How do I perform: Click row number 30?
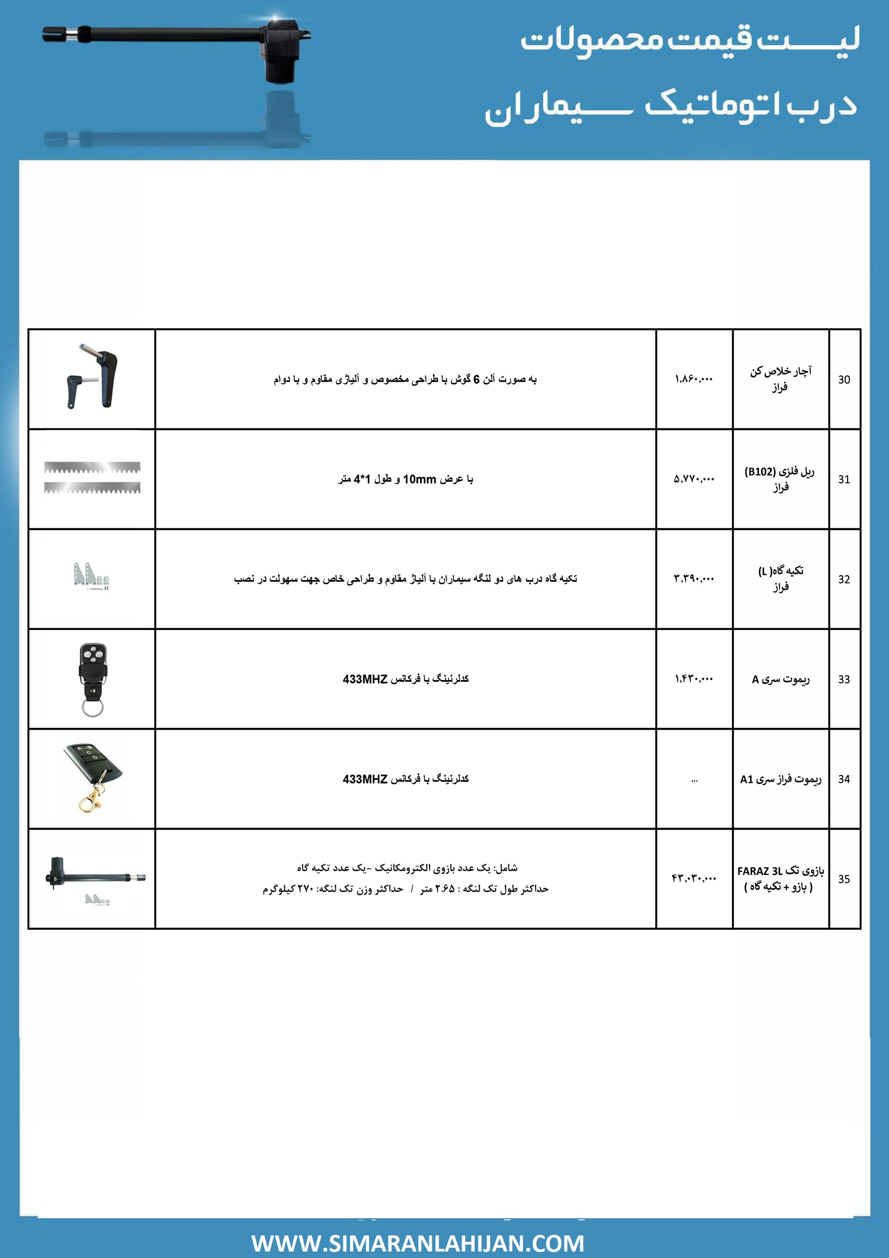(x=843, y=380)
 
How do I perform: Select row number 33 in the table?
(x=843, y=680)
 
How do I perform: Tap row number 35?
(x=843, y=879)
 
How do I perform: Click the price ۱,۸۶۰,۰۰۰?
(x=693, y=379)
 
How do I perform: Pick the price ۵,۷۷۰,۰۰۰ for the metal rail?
(x=693, y=479)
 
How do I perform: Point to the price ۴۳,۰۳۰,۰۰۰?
(x=693, y=878)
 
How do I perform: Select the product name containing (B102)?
(x=779, y=479)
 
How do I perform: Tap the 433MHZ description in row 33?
(x=406, y=679)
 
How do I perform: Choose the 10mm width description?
(x=406, y=479)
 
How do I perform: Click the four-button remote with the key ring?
(x=93, y=679)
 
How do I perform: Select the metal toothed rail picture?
(x=92, y=478)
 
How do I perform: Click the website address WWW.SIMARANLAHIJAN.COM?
(x=418, y=1242)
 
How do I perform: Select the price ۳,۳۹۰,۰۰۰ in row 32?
(x=693, y=578)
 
